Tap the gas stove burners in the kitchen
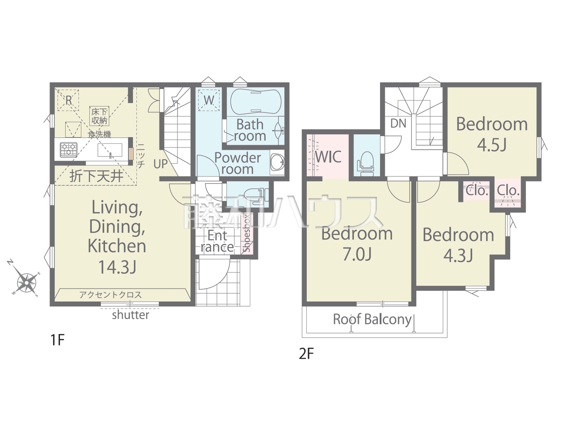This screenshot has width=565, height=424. click(68, 149)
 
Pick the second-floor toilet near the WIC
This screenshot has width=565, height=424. click(365, 163)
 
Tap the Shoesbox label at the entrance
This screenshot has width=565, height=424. click(247, 233)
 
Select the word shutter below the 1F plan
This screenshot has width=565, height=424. click(131, 315)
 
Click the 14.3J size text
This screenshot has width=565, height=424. click(117, 267)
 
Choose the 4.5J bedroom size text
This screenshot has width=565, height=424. click(491, 145)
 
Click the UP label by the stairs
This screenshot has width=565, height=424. click(160, 164)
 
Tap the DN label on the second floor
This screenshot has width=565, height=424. click(398, 124)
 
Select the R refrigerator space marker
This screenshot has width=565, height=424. click(68, 100)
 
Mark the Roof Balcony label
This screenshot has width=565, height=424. click(372, 320)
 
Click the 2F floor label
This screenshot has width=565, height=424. click(306, 354)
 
